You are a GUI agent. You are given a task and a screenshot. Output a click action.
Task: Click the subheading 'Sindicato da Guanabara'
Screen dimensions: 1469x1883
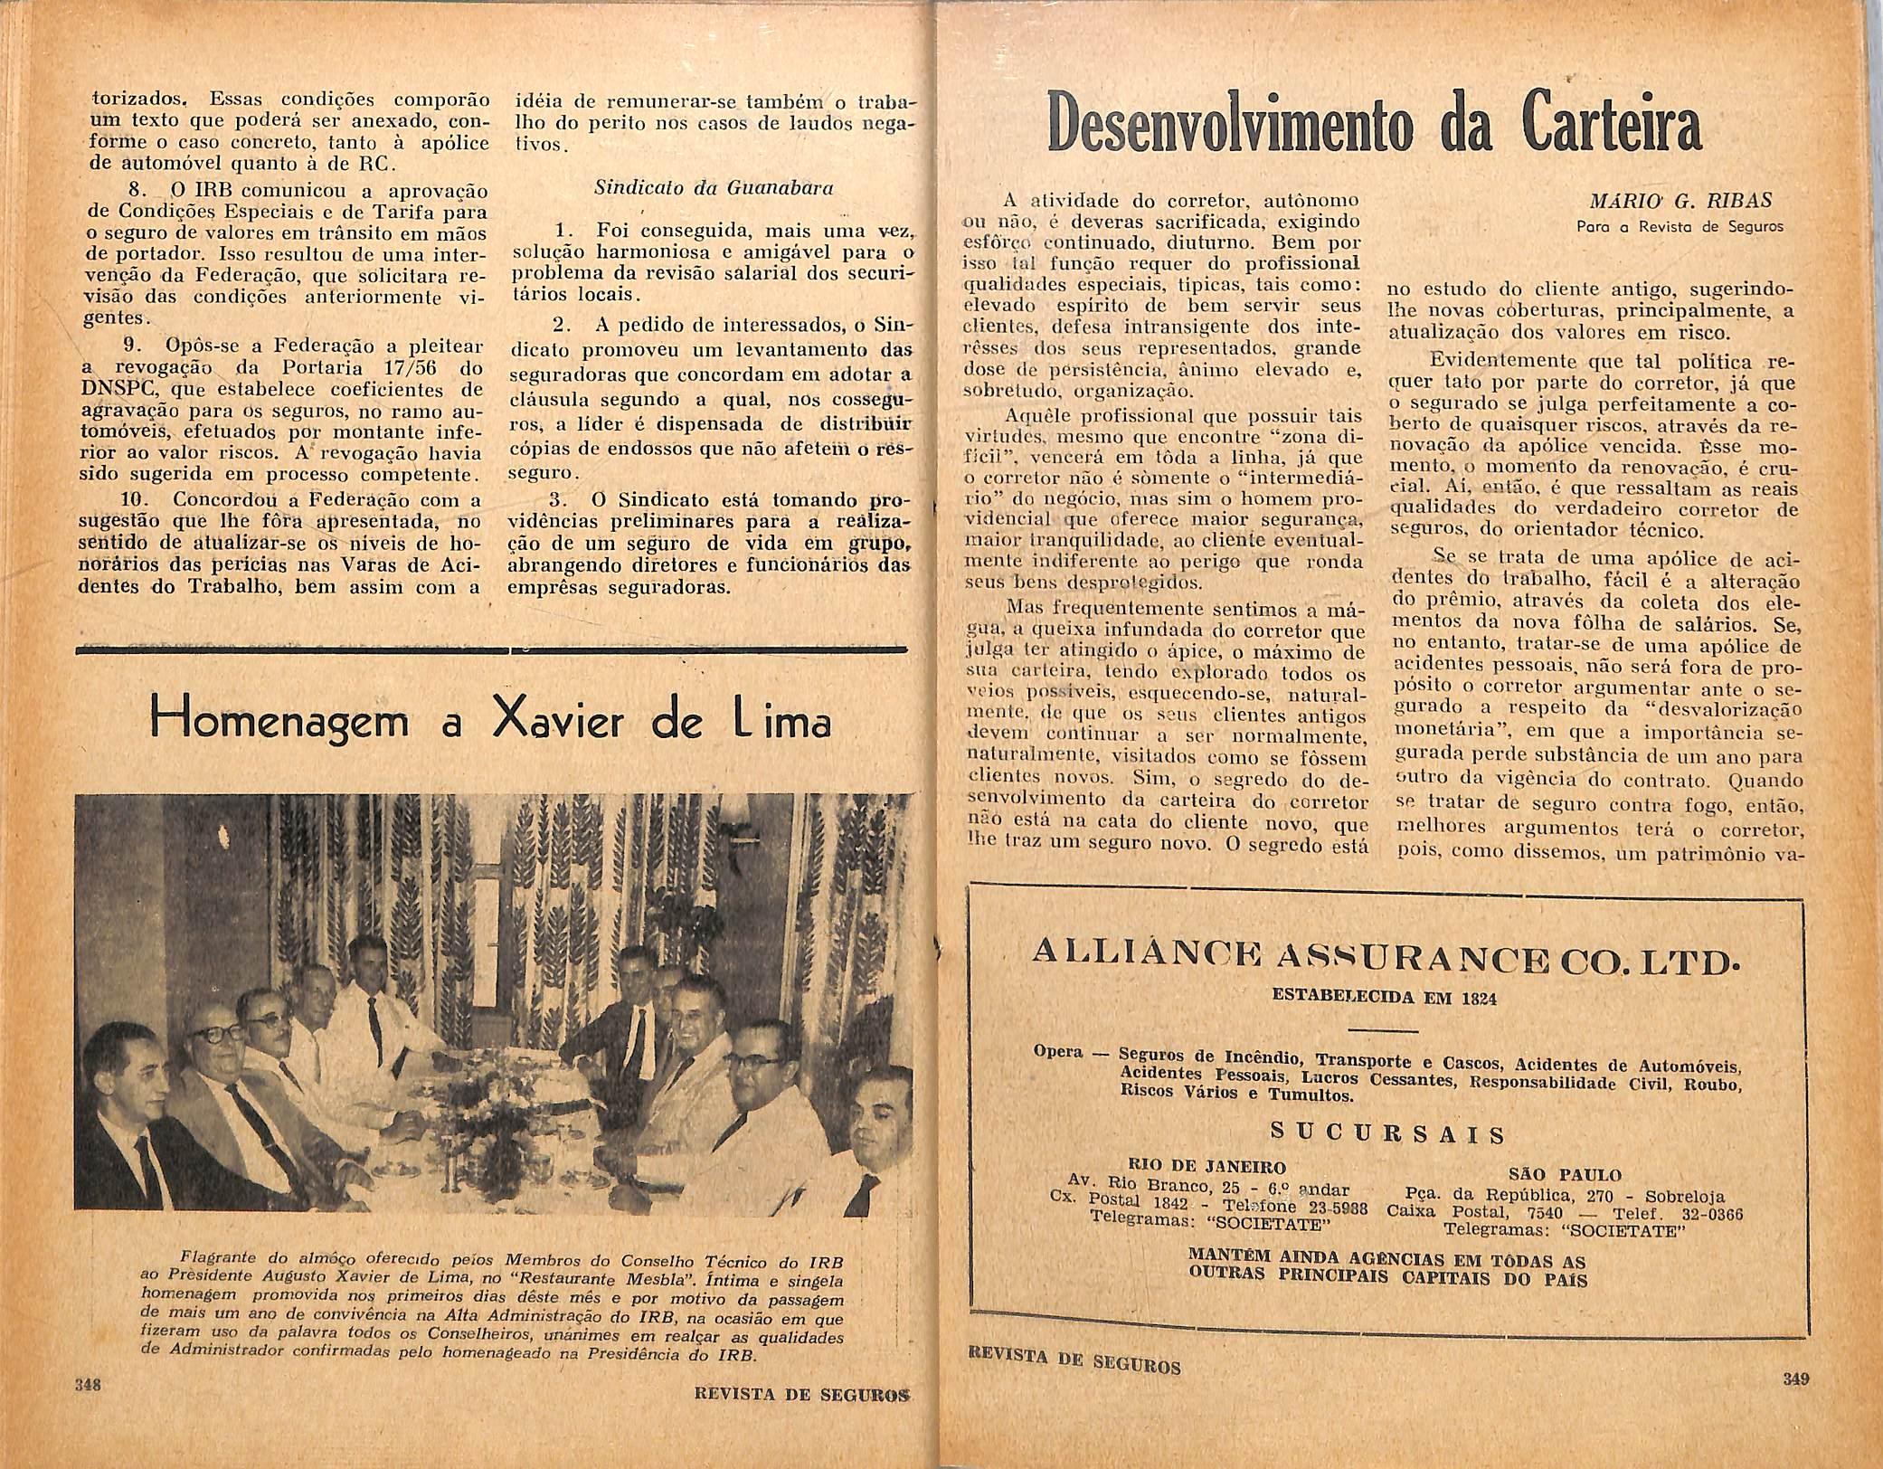click(713, 189)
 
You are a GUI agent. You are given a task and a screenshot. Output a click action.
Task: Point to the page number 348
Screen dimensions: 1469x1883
click(88, 1385)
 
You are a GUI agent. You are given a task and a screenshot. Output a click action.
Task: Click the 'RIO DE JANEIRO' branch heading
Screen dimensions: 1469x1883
click(1206, 1166)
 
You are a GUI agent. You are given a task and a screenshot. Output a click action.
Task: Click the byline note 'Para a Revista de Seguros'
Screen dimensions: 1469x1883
click(1679, 227)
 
